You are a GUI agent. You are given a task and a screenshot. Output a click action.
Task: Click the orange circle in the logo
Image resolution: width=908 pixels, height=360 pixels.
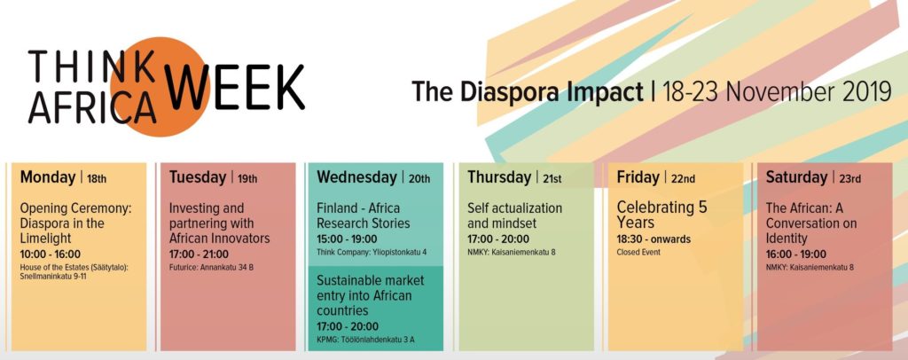[x=160, y=87]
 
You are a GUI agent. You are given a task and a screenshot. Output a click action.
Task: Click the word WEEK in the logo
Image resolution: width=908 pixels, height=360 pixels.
[x=234, y=87]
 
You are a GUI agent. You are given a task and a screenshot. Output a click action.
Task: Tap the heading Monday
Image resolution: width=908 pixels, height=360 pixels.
[x=48, y=177]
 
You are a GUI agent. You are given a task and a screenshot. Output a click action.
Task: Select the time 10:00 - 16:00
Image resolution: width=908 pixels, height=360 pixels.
[x=51, y=254]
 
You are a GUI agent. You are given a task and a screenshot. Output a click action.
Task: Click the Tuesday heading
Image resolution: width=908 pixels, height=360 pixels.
[x=198, y=177]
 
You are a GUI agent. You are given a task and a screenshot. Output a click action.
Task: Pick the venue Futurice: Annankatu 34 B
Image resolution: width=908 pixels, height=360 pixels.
[x=211, y=268]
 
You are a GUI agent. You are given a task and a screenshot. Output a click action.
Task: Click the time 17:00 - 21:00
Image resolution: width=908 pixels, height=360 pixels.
[x=199, y=254]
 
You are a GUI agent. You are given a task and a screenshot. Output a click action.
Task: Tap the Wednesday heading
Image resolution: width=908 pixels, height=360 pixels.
[x=356, y=177]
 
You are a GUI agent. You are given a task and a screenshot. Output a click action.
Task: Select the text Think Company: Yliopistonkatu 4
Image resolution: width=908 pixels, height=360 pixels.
[x=372, y=252]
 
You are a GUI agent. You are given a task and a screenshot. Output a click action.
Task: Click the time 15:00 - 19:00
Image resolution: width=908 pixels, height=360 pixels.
[x=347, y=239]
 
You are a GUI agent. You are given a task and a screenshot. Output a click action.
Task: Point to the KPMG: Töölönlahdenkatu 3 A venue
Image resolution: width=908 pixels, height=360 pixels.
[x=365, y=340]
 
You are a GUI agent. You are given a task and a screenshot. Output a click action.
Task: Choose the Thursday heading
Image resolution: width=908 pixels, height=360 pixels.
[x=499, y=177]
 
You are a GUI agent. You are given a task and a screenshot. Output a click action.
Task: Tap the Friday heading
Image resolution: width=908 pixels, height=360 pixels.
[x=638, y=177]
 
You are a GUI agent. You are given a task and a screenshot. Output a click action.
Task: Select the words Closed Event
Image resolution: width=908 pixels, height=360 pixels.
[x=638, y=253]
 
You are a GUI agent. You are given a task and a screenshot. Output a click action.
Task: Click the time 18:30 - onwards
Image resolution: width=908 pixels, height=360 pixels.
[x=654, y=239]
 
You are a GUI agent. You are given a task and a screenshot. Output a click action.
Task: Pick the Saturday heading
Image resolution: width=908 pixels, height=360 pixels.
[x=796, y=177]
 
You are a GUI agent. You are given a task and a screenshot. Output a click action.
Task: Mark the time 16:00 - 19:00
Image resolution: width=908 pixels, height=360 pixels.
[x=795, y=254]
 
